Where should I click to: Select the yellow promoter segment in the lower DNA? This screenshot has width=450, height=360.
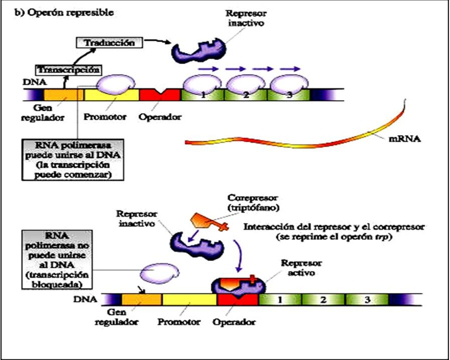tap(189, 299)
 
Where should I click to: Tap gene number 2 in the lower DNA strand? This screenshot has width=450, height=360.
tap(323, 300)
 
